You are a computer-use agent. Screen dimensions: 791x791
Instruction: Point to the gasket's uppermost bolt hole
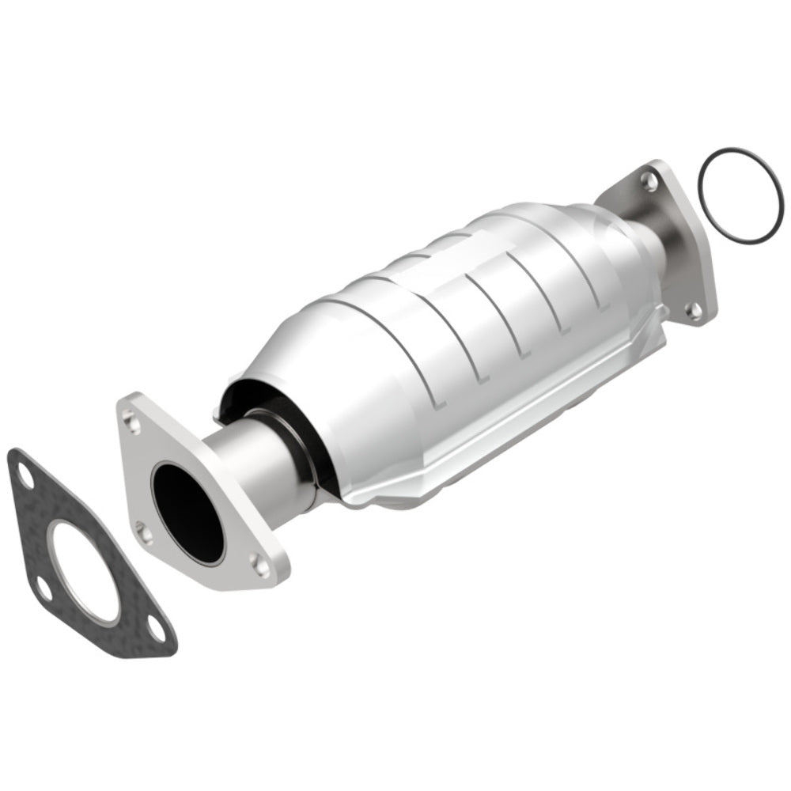pos(25,478)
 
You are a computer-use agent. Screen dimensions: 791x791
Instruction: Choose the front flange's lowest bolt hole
pos(261,564)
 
